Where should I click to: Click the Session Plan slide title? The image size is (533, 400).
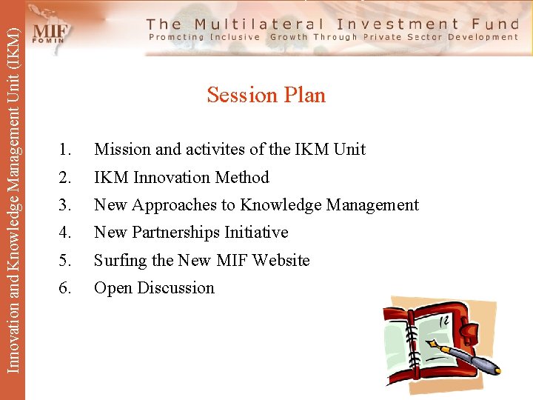click(x=266, y=95)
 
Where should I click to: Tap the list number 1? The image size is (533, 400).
click(x=65, y=150)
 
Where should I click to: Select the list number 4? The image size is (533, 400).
click(x=65, y=233)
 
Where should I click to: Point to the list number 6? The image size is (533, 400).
click(x=65, y=288)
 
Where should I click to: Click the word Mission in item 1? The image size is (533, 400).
click(x=122, y=150)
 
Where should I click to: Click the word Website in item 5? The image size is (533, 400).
click(x=281, y=261)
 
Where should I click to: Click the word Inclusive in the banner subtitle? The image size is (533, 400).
click(x=235, y=37)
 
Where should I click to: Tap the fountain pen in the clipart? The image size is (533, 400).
click(x=466, y=355)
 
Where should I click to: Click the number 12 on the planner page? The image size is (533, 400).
click(x=444, y=321)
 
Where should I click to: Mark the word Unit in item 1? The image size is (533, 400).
click(x=349, y=150)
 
